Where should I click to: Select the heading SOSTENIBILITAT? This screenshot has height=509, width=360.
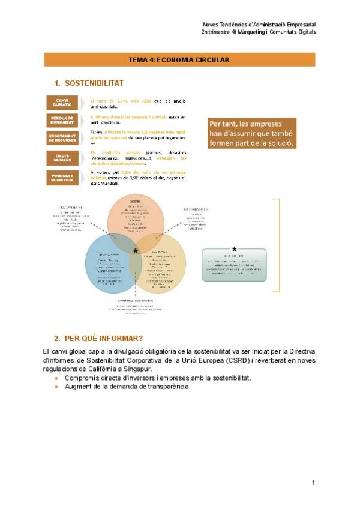(x=94, y=83)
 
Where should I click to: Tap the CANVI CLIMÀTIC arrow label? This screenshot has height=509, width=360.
(x=62, y=102)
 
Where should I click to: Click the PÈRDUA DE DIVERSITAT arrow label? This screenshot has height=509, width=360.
(x=62, y=120)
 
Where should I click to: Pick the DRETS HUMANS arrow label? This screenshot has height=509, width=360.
(x=62, y=158)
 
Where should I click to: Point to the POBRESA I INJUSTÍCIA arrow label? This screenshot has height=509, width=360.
(x=62, y=178)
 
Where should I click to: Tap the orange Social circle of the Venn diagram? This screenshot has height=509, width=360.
(x=135, y=216)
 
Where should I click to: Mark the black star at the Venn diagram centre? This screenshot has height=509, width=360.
(x=136, y=250)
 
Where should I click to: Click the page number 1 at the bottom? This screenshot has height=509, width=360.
(x=313, y=483)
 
